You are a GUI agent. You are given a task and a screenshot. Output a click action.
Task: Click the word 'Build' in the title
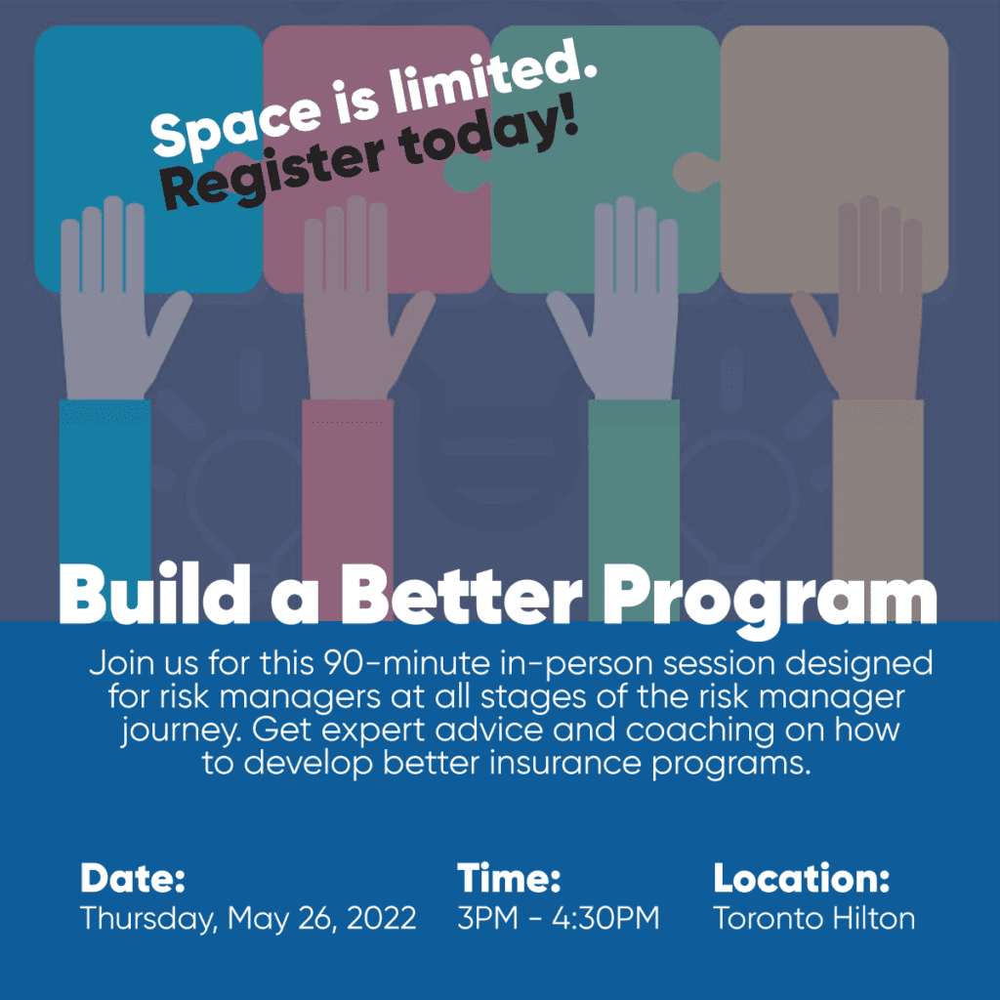click(154, 593)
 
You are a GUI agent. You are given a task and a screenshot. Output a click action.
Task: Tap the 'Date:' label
click(133, 878)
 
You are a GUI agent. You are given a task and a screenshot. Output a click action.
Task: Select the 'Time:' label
click(508, 878)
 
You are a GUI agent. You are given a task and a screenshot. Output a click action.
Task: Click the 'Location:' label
click(801, 878)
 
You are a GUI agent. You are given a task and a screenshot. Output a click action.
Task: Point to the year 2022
click(382, 918)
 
